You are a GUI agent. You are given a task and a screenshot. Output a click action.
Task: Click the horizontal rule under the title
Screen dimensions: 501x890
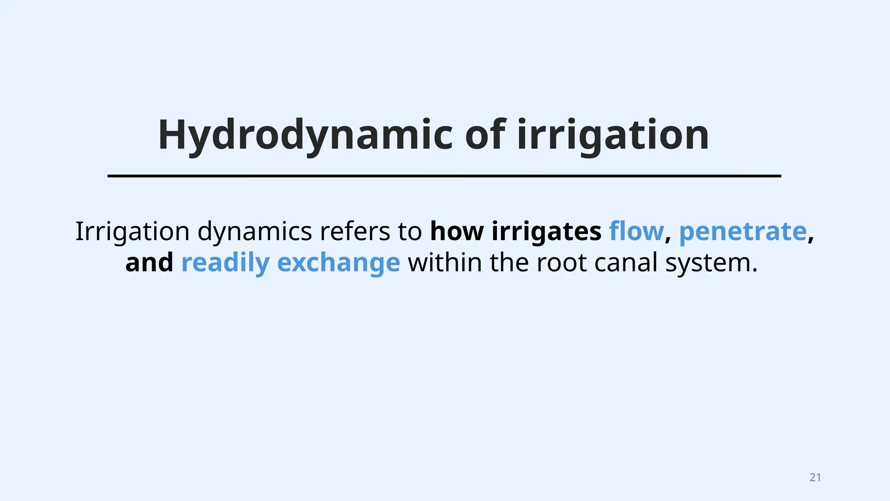(444, 176)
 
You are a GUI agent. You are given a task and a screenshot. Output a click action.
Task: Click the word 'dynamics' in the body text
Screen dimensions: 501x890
(255, 231)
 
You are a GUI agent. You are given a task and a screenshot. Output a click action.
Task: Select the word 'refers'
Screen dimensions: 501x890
(355, 231)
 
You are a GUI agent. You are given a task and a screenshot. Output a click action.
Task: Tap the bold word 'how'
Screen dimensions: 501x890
(457, 231)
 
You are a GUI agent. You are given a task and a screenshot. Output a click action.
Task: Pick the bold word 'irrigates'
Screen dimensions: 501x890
(546, 231)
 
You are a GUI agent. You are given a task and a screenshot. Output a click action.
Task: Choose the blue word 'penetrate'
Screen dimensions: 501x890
(743, 231)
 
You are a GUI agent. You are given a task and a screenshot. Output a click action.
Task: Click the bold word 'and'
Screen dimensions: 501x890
(149, 263)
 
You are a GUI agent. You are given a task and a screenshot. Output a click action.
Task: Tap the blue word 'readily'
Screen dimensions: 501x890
(225, 263)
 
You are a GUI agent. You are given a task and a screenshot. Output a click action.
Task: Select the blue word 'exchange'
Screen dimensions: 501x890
(338, 263)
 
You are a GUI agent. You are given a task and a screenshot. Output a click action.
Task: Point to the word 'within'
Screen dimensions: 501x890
(445, 263)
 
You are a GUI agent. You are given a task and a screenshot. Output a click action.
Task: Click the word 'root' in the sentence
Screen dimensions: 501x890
(561, 263)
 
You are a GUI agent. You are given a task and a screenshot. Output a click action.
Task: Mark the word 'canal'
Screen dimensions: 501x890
(626, 263)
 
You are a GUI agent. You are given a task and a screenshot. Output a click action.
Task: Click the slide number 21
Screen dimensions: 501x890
(815, 478)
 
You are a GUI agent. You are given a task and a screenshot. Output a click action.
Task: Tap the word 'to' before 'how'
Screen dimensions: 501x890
(410, 231)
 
